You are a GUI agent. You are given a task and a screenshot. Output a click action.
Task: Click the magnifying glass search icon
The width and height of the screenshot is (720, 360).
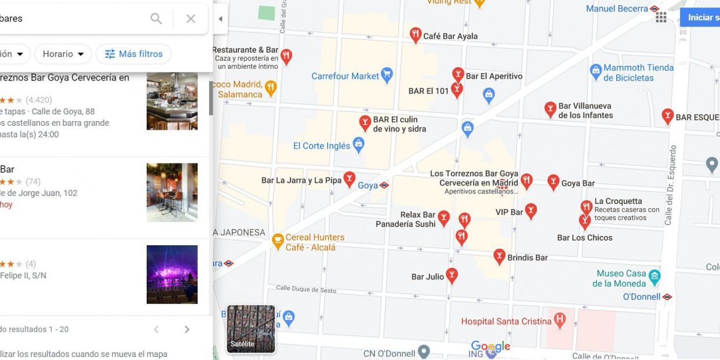coord(156,19)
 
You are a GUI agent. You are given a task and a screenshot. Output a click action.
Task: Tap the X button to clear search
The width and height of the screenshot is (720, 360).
coord(191,19)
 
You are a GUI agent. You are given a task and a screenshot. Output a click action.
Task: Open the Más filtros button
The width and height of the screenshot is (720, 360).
coord(133,54)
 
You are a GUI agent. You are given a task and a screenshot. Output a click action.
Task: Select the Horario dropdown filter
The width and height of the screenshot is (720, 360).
coord(63,54)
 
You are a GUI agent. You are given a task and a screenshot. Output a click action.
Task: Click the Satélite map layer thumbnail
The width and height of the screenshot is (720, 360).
coord(251,329)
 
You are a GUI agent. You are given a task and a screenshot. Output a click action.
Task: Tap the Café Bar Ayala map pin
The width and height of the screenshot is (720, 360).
coord(415,35)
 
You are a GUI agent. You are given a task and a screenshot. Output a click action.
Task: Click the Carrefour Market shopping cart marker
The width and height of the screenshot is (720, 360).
coord(387,75)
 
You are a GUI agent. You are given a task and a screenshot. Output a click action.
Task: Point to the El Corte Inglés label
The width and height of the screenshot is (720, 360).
coord(322,146)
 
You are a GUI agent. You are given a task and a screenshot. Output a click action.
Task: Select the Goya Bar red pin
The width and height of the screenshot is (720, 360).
coord(554,182)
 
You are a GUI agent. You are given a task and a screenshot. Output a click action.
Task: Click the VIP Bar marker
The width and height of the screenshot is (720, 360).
coord(530,210)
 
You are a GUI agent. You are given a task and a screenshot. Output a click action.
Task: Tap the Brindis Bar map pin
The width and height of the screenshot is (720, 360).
coord(499,256)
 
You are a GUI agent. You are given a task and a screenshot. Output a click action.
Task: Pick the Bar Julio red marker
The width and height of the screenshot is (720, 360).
coord(452,275)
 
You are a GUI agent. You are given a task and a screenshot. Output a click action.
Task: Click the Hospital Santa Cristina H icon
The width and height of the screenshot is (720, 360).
coord(559,320)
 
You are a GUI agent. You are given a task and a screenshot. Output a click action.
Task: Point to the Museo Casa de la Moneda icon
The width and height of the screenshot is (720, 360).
coord(654,276)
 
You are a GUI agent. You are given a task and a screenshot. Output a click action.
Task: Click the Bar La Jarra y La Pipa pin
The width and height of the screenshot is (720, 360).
coord(349,179)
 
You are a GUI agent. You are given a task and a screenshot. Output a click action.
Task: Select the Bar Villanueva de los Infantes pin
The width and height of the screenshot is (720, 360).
coord(550,108)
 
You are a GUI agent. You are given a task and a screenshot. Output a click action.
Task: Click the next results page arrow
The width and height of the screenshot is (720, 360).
coord(187,329)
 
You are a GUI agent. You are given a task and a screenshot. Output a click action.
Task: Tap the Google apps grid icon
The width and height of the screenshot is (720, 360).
coord(661,17)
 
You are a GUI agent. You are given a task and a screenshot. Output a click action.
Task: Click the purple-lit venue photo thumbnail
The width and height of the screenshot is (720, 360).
coord(172,274)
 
